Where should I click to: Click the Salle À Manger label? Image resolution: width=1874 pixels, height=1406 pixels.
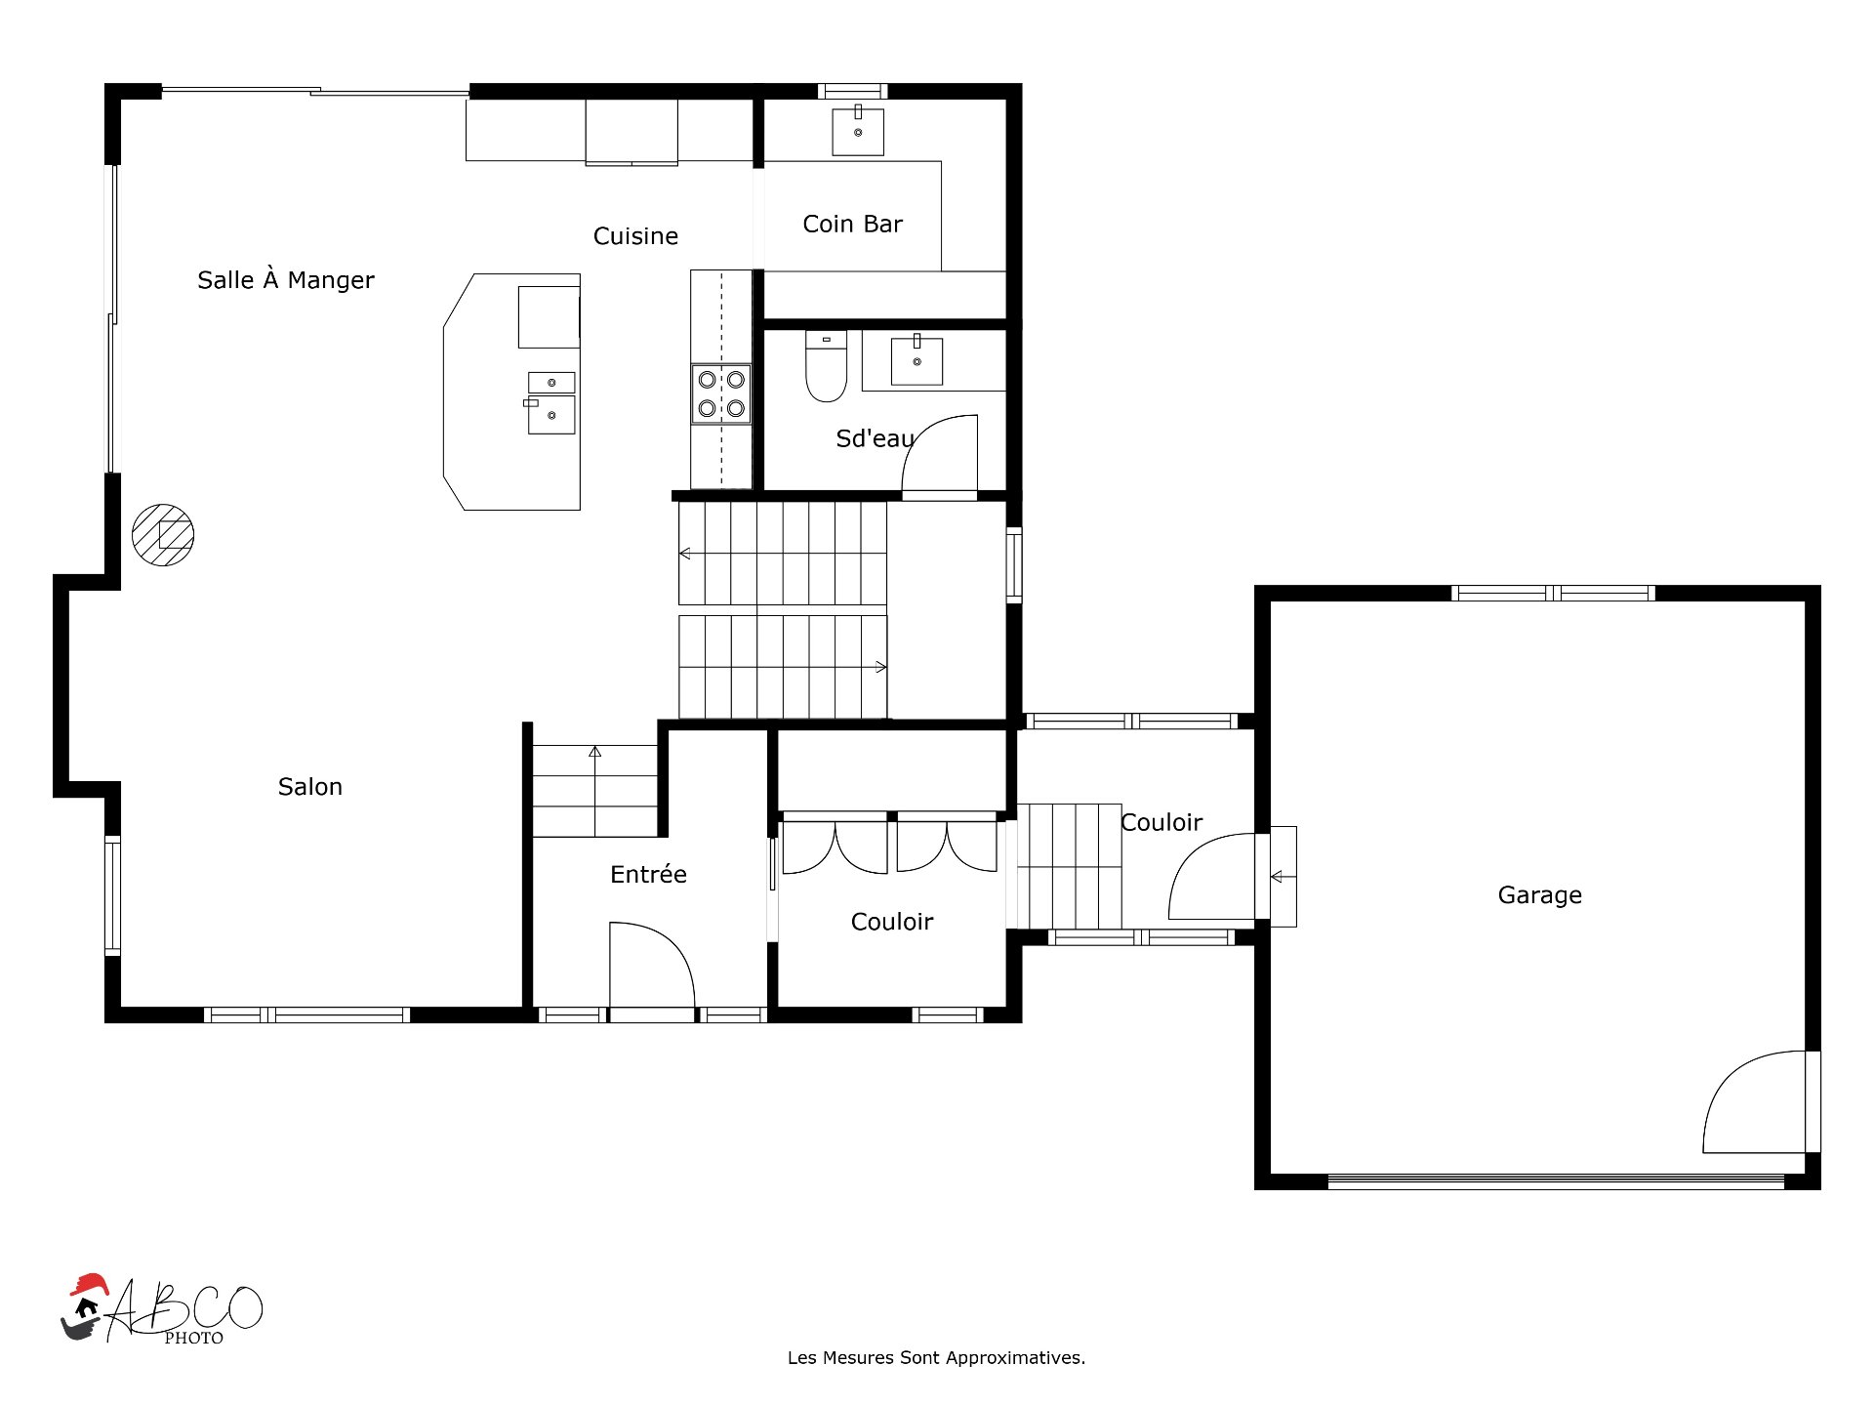[x=286, y=279]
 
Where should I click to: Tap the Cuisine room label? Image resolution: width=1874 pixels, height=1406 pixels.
[x=635, y=236]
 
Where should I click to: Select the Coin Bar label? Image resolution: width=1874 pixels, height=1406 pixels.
[x=852, y=225]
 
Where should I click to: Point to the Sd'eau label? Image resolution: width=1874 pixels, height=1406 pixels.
[x=875, y=439]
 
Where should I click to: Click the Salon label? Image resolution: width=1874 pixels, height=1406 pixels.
[x=310, y=787]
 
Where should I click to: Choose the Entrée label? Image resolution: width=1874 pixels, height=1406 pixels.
[x=648, y=874]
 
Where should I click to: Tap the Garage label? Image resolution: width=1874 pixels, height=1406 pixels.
[x=1539, y=895]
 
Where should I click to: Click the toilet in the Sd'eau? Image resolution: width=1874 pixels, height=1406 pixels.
[x=826, y=366]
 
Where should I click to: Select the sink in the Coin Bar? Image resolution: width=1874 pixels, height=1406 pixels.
[x=858, y=131]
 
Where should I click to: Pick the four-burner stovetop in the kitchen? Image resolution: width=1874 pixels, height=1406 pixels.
[x=721, y=393]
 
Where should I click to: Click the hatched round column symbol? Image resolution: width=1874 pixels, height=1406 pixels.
[x=163, y=535]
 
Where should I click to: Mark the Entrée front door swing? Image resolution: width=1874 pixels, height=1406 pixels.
[x=652, y=965]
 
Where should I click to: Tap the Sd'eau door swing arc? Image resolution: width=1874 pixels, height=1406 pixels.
[x=939, y=454]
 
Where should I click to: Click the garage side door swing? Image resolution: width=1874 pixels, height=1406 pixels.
[x=1754, y=1101]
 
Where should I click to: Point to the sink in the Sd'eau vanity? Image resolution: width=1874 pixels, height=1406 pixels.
[x=917, y=360]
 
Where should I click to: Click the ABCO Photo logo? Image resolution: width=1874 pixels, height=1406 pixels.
[x=162, y=1309]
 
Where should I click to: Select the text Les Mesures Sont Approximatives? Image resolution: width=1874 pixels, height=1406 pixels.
[x=936, y=1358]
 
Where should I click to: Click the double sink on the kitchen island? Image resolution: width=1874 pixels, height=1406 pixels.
[x=551, y=402]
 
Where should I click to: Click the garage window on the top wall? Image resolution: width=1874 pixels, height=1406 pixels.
[x=1553, y=593]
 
